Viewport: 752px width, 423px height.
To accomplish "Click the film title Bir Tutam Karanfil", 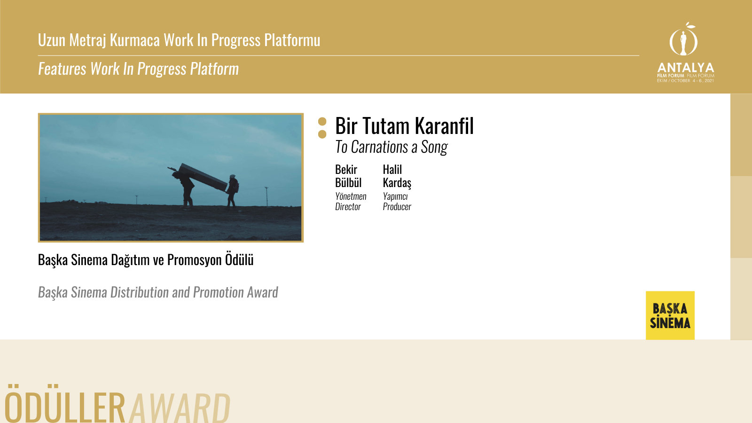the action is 404,126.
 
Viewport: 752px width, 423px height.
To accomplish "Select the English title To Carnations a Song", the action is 391,147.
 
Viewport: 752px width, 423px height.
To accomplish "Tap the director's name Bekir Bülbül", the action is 348,176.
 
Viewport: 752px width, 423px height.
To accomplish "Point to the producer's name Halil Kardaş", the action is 397,176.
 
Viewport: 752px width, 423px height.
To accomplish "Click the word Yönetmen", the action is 351,196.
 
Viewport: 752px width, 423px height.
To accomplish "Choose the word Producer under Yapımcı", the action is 397,207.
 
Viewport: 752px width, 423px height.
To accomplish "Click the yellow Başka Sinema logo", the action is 670,315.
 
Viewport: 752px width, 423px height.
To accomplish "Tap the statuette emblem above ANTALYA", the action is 683,39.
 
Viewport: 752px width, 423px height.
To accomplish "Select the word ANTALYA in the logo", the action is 686,68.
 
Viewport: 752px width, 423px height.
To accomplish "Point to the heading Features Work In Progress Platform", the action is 138,69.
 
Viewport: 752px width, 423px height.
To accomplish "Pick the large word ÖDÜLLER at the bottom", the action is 64,404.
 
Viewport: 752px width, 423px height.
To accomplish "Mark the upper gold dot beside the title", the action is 322,122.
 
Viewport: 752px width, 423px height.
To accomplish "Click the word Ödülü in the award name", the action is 239,260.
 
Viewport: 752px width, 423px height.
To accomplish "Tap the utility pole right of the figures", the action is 266,196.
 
